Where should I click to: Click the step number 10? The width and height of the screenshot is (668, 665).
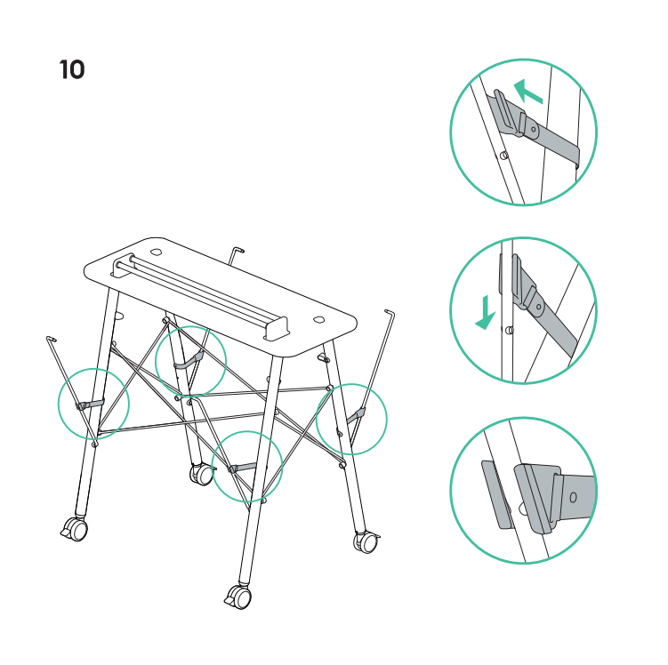(x=72, y=70)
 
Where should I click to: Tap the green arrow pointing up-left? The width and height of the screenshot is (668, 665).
(x=527, y=91)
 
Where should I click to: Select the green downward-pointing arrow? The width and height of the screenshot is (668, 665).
(x=486, y=313)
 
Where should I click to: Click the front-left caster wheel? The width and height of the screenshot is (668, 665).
(x=75, y=529)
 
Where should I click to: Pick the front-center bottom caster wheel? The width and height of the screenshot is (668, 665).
(x=238, y=597)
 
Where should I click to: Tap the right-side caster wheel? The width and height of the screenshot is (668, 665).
(x=366, y=542)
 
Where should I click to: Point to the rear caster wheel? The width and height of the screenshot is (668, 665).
(x=202, y=474)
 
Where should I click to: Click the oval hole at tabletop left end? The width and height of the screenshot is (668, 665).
(x=156, y=252)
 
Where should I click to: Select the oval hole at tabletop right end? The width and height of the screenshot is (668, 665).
(x=318, y=320)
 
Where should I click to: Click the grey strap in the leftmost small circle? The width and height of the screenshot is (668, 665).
(x=91, y=404)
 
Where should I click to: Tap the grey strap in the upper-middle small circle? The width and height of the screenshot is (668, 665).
(x=189, y=361)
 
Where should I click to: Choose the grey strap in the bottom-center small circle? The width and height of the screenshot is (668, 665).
(x=243, y=468)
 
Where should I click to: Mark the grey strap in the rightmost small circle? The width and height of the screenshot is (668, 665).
(x=356, y=416)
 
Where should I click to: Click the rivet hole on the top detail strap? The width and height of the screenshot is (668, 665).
(x=533, y=129)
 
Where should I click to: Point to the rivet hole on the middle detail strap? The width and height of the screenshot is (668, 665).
(x=539, y=306)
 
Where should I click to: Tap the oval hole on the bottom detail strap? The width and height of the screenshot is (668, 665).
(x=573, y=497)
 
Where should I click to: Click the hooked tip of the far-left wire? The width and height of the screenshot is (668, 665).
(x=51, y=339)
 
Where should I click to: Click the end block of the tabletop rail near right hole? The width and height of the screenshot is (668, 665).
(x=276, y=329)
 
